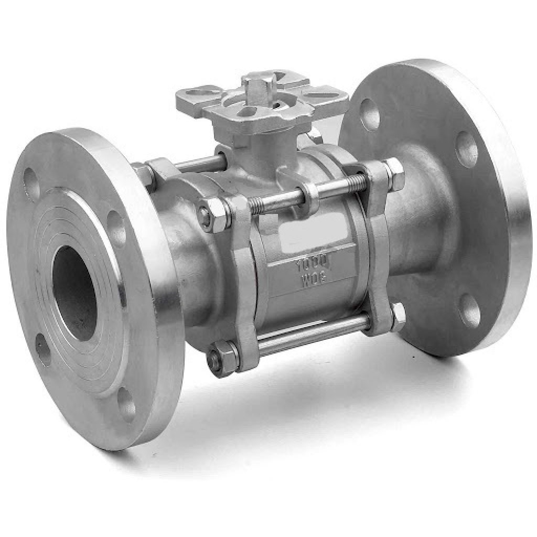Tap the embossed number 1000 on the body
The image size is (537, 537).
[x=312, y=263]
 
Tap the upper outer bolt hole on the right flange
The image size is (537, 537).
[x=466, y=149]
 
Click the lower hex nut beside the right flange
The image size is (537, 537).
[x=397, y=316]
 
